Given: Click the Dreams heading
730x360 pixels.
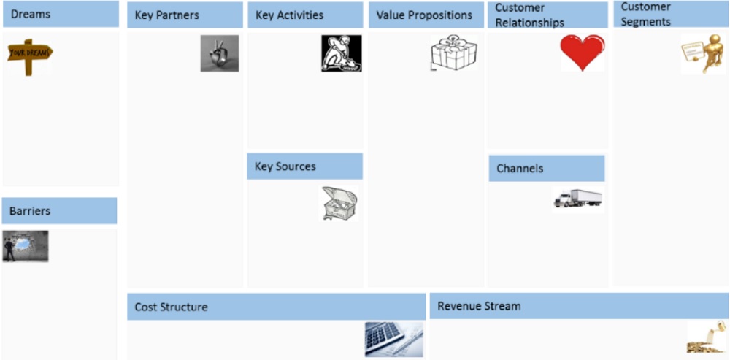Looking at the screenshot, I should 31,14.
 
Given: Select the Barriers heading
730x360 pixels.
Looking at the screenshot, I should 30,212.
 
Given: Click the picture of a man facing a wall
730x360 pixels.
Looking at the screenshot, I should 26,246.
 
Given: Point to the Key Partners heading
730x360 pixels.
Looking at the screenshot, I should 167,15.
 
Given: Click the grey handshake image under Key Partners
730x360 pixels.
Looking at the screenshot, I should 220,53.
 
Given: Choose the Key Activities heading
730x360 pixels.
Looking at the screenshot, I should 290,15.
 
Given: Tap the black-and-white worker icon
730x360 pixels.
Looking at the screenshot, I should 341,53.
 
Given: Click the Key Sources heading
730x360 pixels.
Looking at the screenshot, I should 285,166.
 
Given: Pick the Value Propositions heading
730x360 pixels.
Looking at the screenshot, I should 424,15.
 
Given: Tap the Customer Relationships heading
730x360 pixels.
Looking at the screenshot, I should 529,15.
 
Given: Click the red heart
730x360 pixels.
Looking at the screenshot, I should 583,52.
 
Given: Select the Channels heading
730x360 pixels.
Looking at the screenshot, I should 520,169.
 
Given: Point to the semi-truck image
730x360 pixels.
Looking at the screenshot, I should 577,199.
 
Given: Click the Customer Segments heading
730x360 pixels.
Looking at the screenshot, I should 646,15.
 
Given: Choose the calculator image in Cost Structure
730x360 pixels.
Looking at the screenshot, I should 393,339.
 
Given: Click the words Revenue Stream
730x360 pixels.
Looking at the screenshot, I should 479,306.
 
